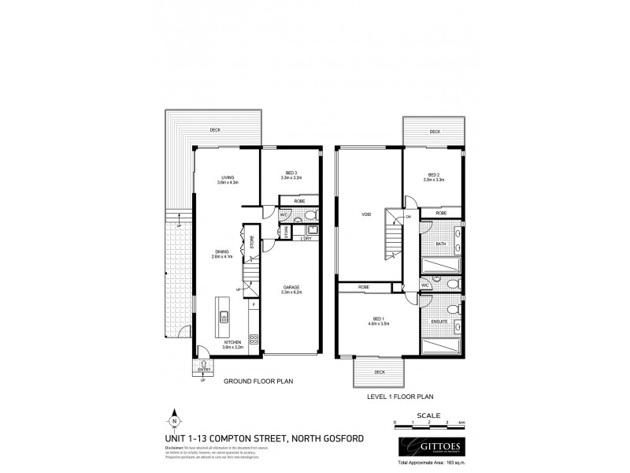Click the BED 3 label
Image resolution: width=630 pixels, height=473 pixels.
pyautogui.click(x=291, y=175)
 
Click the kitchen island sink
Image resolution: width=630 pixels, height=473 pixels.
pyautogui.click(x=224, y=318)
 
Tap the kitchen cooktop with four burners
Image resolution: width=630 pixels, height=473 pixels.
pyautogui.click(x=254, y=340)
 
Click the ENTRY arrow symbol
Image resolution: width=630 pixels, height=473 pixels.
pyautogui.click(x=203, y=363)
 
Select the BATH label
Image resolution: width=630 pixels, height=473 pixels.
pyautogui.click(x=440, y=244)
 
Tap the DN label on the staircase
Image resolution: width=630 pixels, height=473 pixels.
pyautogui.click(x=408, y=218)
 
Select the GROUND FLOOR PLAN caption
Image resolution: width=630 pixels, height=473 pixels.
pyautogui.click(x=258, y=381)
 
